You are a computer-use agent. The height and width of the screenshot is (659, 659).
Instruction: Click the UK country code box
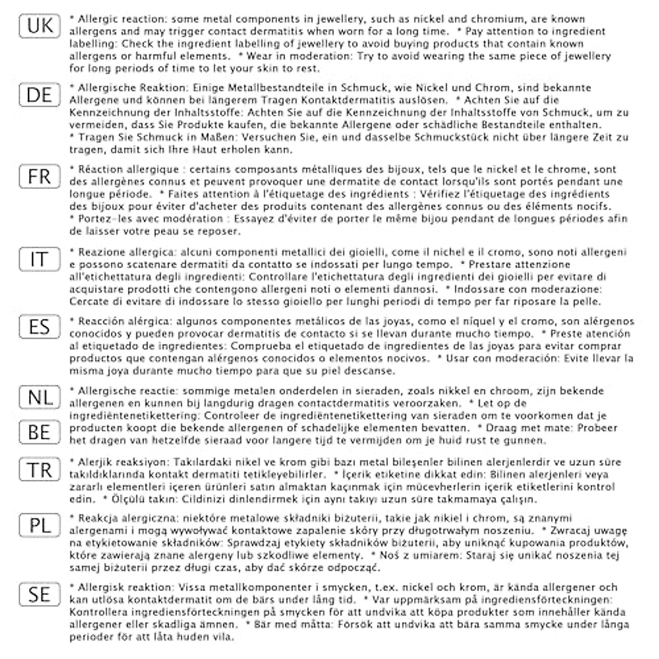[x=40, y=26]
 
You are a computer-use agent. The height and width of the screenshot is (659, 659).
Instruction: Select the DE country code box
[x=40, y=95]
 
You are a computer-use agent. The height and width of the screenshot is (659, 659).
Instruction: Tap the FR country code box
[x=40, y=176]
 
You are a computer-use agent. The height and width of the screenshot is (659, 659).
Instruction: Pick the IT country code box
[x=40, y=259]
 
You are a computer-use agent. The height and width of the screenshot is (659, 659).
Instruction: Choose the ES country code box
[x=40, y=327]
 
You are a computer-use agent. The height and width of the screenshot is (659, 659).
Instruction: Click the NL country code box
[x=40, y=397]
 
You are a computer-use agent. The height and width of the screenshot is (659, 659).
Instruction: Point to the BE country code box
[x=40, y=432]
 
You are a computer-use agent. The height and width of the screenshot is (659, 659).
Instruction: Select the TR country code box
[x=40, y=470]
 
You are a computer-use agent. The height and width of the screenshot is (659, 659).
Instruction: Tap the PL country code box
[x=40, y=526]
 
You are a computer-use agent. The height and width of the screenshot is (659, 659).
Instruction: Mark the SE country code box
[x=40, y=595]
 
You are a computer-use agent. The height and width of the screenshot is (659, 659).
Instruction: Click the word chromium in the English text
[x=504, y=19]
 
